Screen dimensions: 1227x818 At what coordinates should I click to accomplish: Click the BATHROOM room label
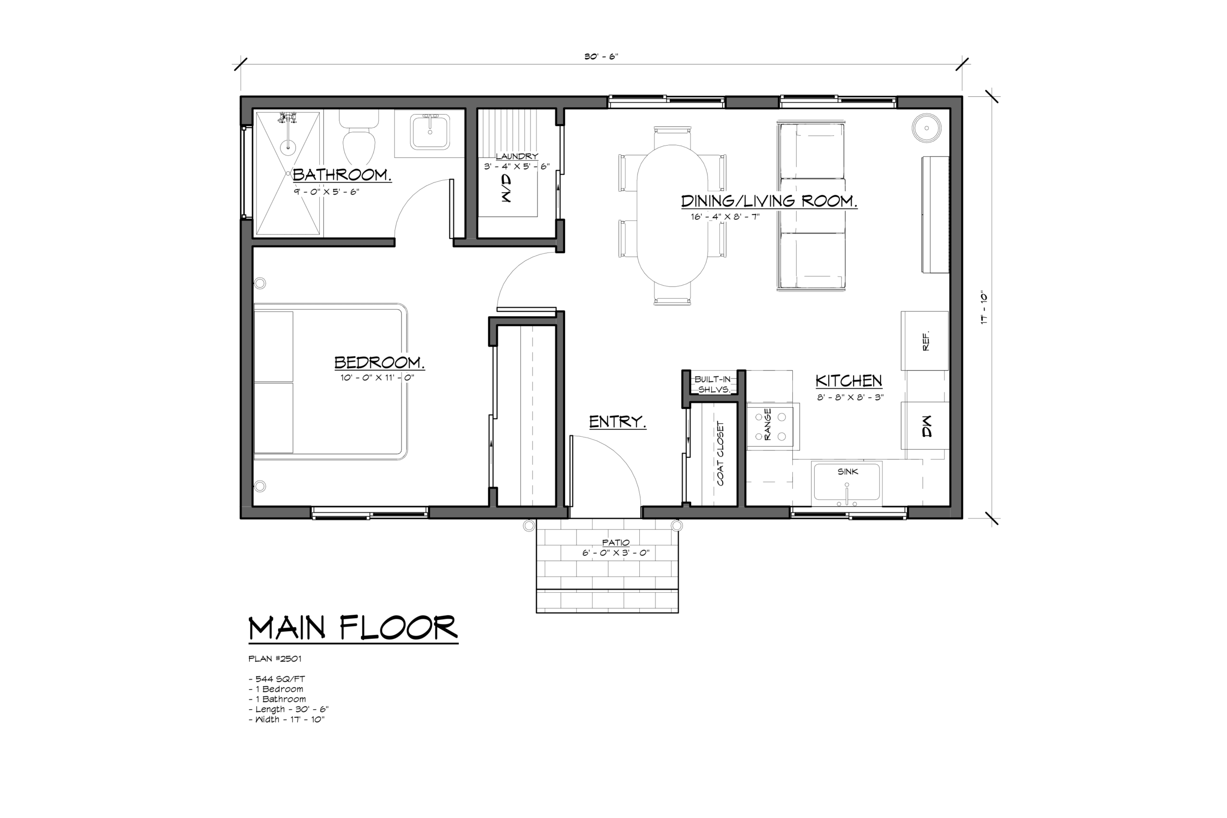[342, 175]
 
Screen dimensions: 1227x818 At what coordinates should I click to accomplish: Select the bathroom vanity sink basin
[430, 133]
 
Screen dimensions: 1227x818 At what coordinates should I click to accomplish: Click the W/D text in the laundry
[506, 188]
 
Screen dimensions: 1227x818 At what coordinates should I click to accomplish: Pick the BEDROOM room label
[379, 362]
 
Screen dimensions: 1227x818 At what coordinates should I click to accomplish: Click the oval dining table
[672, 216]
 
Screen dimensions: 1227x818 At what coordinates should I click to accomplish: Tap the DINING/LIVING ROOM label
[769, 201]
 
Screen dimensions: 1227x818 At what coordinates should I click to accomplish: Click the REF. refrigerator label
[926, 341]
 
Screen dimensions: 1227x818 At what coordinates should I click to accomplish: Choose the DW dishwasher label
[926, 426]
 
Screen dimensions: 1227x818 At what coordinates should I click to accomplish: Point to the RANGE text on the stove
[767, 425]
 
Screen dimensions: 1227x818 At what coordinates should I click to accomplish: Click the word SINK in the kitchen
[848, 472]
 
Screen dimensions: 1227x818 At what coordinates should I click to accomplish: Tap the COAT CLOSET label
[720, 453]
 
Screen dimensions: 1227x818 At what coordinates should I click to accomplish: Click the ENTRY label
[618, 422]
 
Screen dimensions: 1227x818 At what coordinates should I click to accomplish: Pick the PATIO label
[615, 542]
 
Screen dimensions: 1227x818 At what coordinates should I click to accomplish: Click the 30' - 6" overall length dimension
[601, 57]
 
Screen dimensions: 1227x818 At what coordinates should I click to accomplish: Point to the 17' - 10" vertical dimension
[984, 308]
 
